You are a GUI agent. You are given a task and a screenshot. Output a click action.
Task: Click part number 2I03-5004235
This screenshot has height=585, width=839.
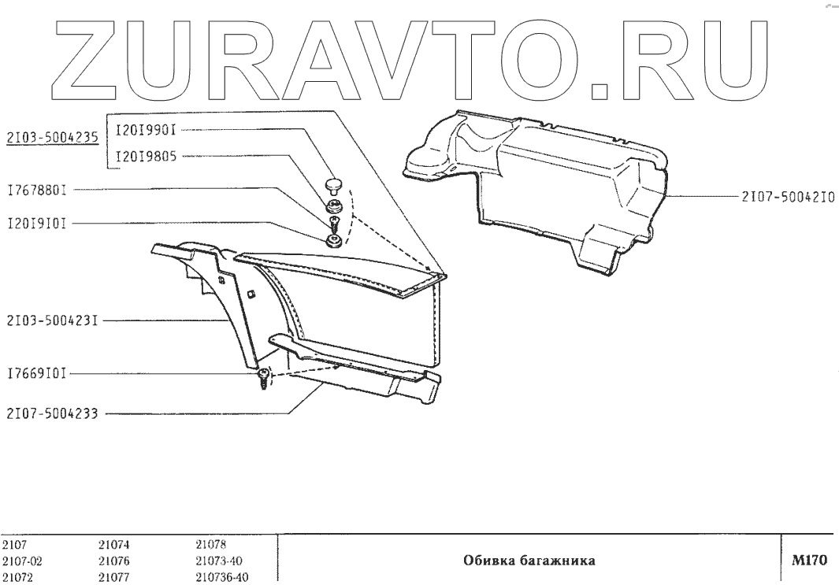(51, 137)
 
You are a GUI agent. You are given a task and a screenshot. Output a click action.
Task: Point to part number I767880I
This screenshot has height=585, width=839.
(35, 190)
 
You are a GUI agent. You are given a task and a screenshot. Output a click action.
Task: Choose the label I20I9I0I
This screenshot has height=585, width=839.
(35, 223)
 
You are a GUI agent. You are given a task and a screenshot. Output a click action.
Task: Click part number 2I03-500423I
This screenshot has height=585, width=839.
(50, 321)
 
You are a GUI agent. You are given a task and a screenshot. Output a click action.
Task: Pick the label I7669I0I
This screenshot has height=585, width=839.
(35, 375)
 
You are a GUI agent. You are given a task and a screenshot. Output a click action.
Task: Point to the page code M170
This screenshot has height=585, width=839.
(809, 561)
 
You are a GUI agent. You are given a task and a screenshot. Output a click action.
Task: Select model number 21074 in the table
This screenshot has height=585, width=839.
(113, 544)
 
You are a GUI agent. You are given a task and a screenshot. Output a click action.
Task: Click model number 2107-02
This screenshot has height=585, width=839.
(21, 561)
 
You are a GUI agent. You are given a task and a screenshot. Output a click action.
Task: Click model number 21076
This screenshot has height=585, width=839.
(113, 561)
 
